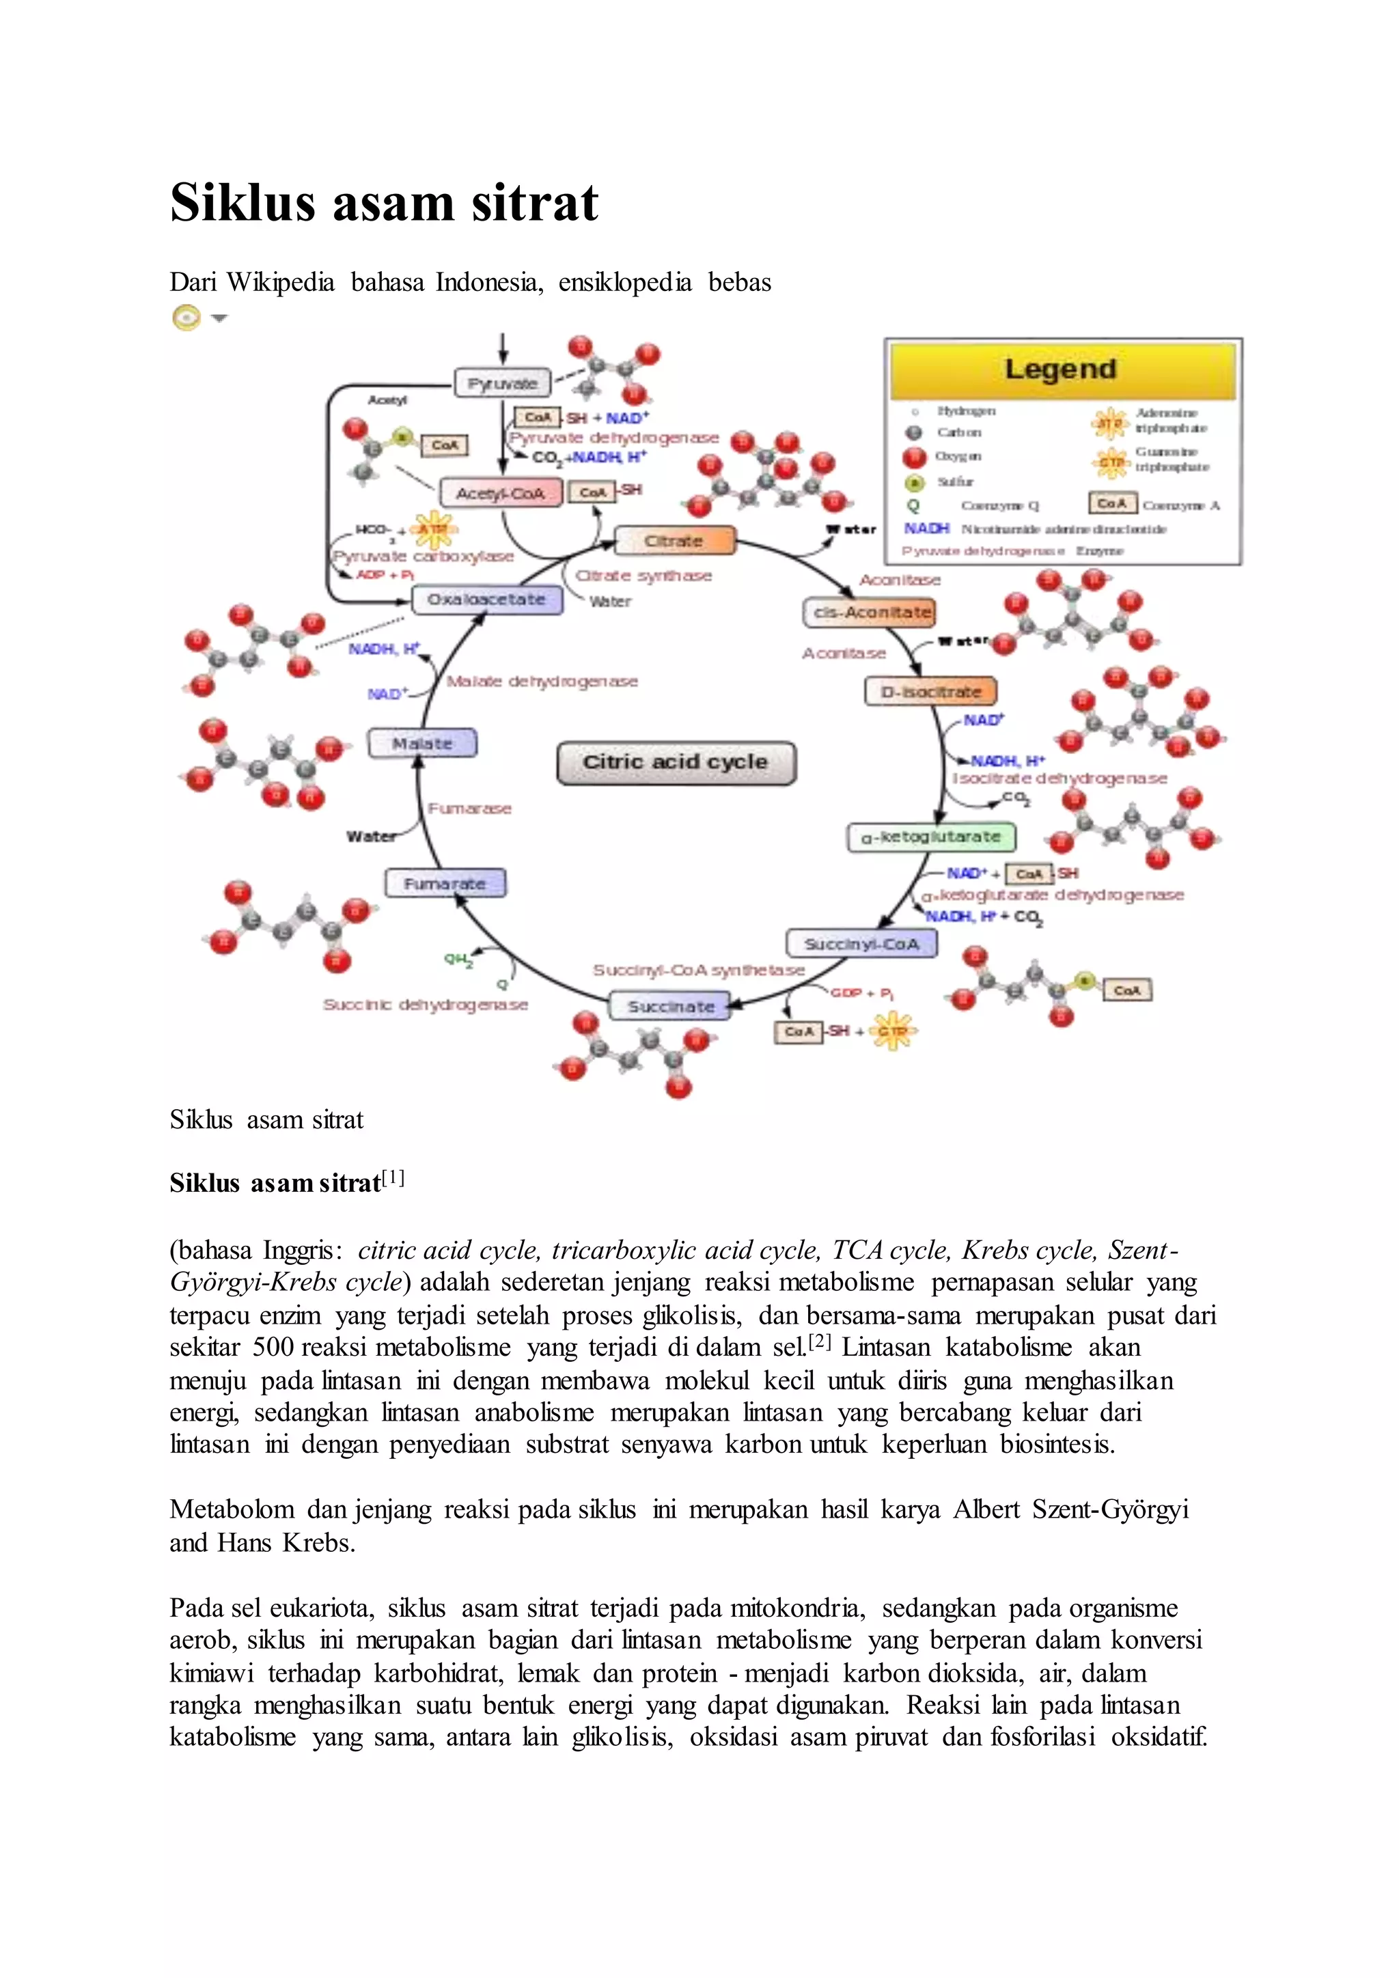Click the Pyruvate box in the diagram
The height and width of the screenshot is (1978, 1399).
pyautogui.click(x=502, y=383)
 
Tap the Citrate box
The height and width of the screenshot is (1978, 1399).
pyautogui.click(x=674, y=541)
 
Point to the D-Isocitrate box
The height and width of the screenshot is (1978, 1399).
pyautogui.click(x=930, y=692)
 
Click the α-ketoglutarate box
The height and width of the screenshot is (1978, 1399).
pyautogui.click(x=931, y=837)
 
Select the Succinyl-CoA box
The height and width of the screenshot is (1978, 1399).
pyautogui.click(x=861, y=944)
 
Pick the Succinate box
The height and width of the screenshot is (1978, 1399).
pyautogui.click(x=670, y=1006)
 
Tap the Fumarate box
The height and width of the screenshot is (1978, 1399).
pyautogui.click(x=445, y=884)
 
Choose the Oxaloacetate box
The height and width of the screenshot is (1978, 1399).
pyautogui.click(x=487, y=600)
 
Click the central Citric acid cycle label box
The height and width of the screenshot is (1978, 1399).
pyautogui.click(x=676, y=762)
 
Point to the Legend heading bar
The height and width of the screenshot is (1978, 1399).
pyautogui.click(x=1062, y=370)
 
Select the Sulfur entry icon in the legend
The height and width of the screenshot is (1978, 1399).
pyautogui.click(x=914, y=482)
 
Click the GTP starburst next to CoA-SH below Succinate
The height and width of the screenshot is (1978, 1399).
pyautogui.click(x=892, y=1031)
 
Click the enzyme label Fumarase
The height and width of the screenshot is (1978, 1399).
pyautogui.click(x=469, y=809)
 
